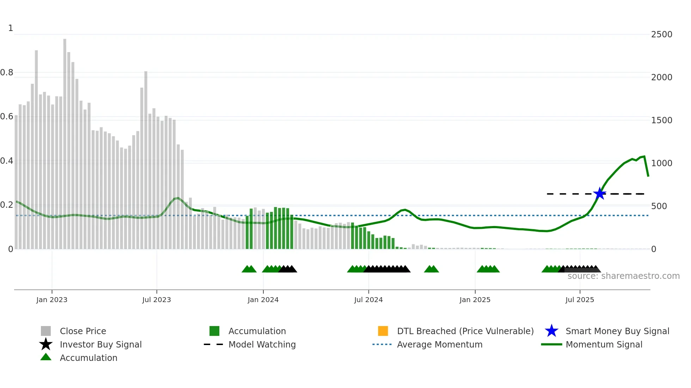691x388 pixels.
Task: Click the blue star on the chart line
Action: [x=599, y=194]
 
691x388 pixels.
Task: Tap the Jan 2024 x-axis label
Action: [x=263, y=300]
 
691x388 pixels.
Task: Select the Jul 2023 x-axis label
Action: [x=157, y=300]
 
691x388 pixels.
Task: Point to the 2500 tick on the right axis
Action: [x=661, y=35]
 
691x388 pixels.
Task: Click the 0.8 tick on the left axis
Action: [x=7, y=73]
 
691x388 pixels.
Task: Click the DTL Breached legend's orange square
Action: [x=383, y=331]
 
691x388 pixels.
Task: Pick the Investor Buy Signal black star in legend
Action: [x=46, y=344]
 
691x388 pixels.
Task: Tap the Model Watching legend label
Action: [x=262, y=344]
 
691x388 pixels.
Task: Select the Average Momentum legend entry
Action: [x=439, y=344]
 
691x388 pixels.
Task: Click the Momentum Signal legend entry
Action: [x=604, y=344]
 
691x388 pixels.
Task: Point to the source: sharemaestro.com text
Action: [x=623, y=276]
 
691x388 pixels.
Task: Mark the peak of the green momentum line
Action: [x=644, y=156]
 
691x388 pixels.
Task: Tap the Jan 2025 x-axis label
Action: [x=475, y=300]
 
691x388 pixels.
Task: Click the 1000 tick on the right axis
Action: [x=661, y=163]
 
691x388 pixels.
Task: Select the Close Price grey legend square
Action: [x=46, y=331]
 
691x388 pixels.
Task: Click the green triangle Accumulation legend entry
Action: [x=46, y=357]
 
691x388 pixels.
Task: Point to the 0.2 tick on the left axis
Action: [x=7, y=205]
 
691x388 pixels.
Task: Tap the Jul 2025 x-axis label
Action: [x=580, y=300]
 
